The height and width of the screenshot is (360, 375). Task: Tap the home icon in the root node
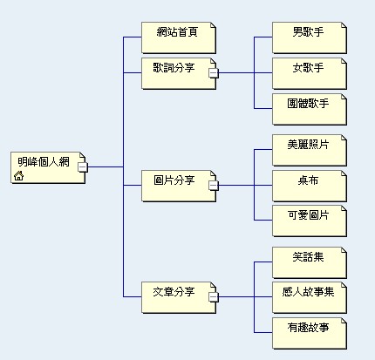coord(19,176)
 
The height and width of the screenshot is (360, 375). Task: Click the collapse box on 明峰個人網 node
coord(82,166)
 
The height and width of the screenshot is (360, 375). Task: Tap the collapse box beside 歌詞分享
coord(213,73)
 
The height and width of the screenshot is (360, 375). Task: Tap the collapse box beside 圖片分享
coord(213,186)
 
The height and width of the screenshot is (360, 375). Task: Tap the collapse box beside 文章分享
coord(213,298)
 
